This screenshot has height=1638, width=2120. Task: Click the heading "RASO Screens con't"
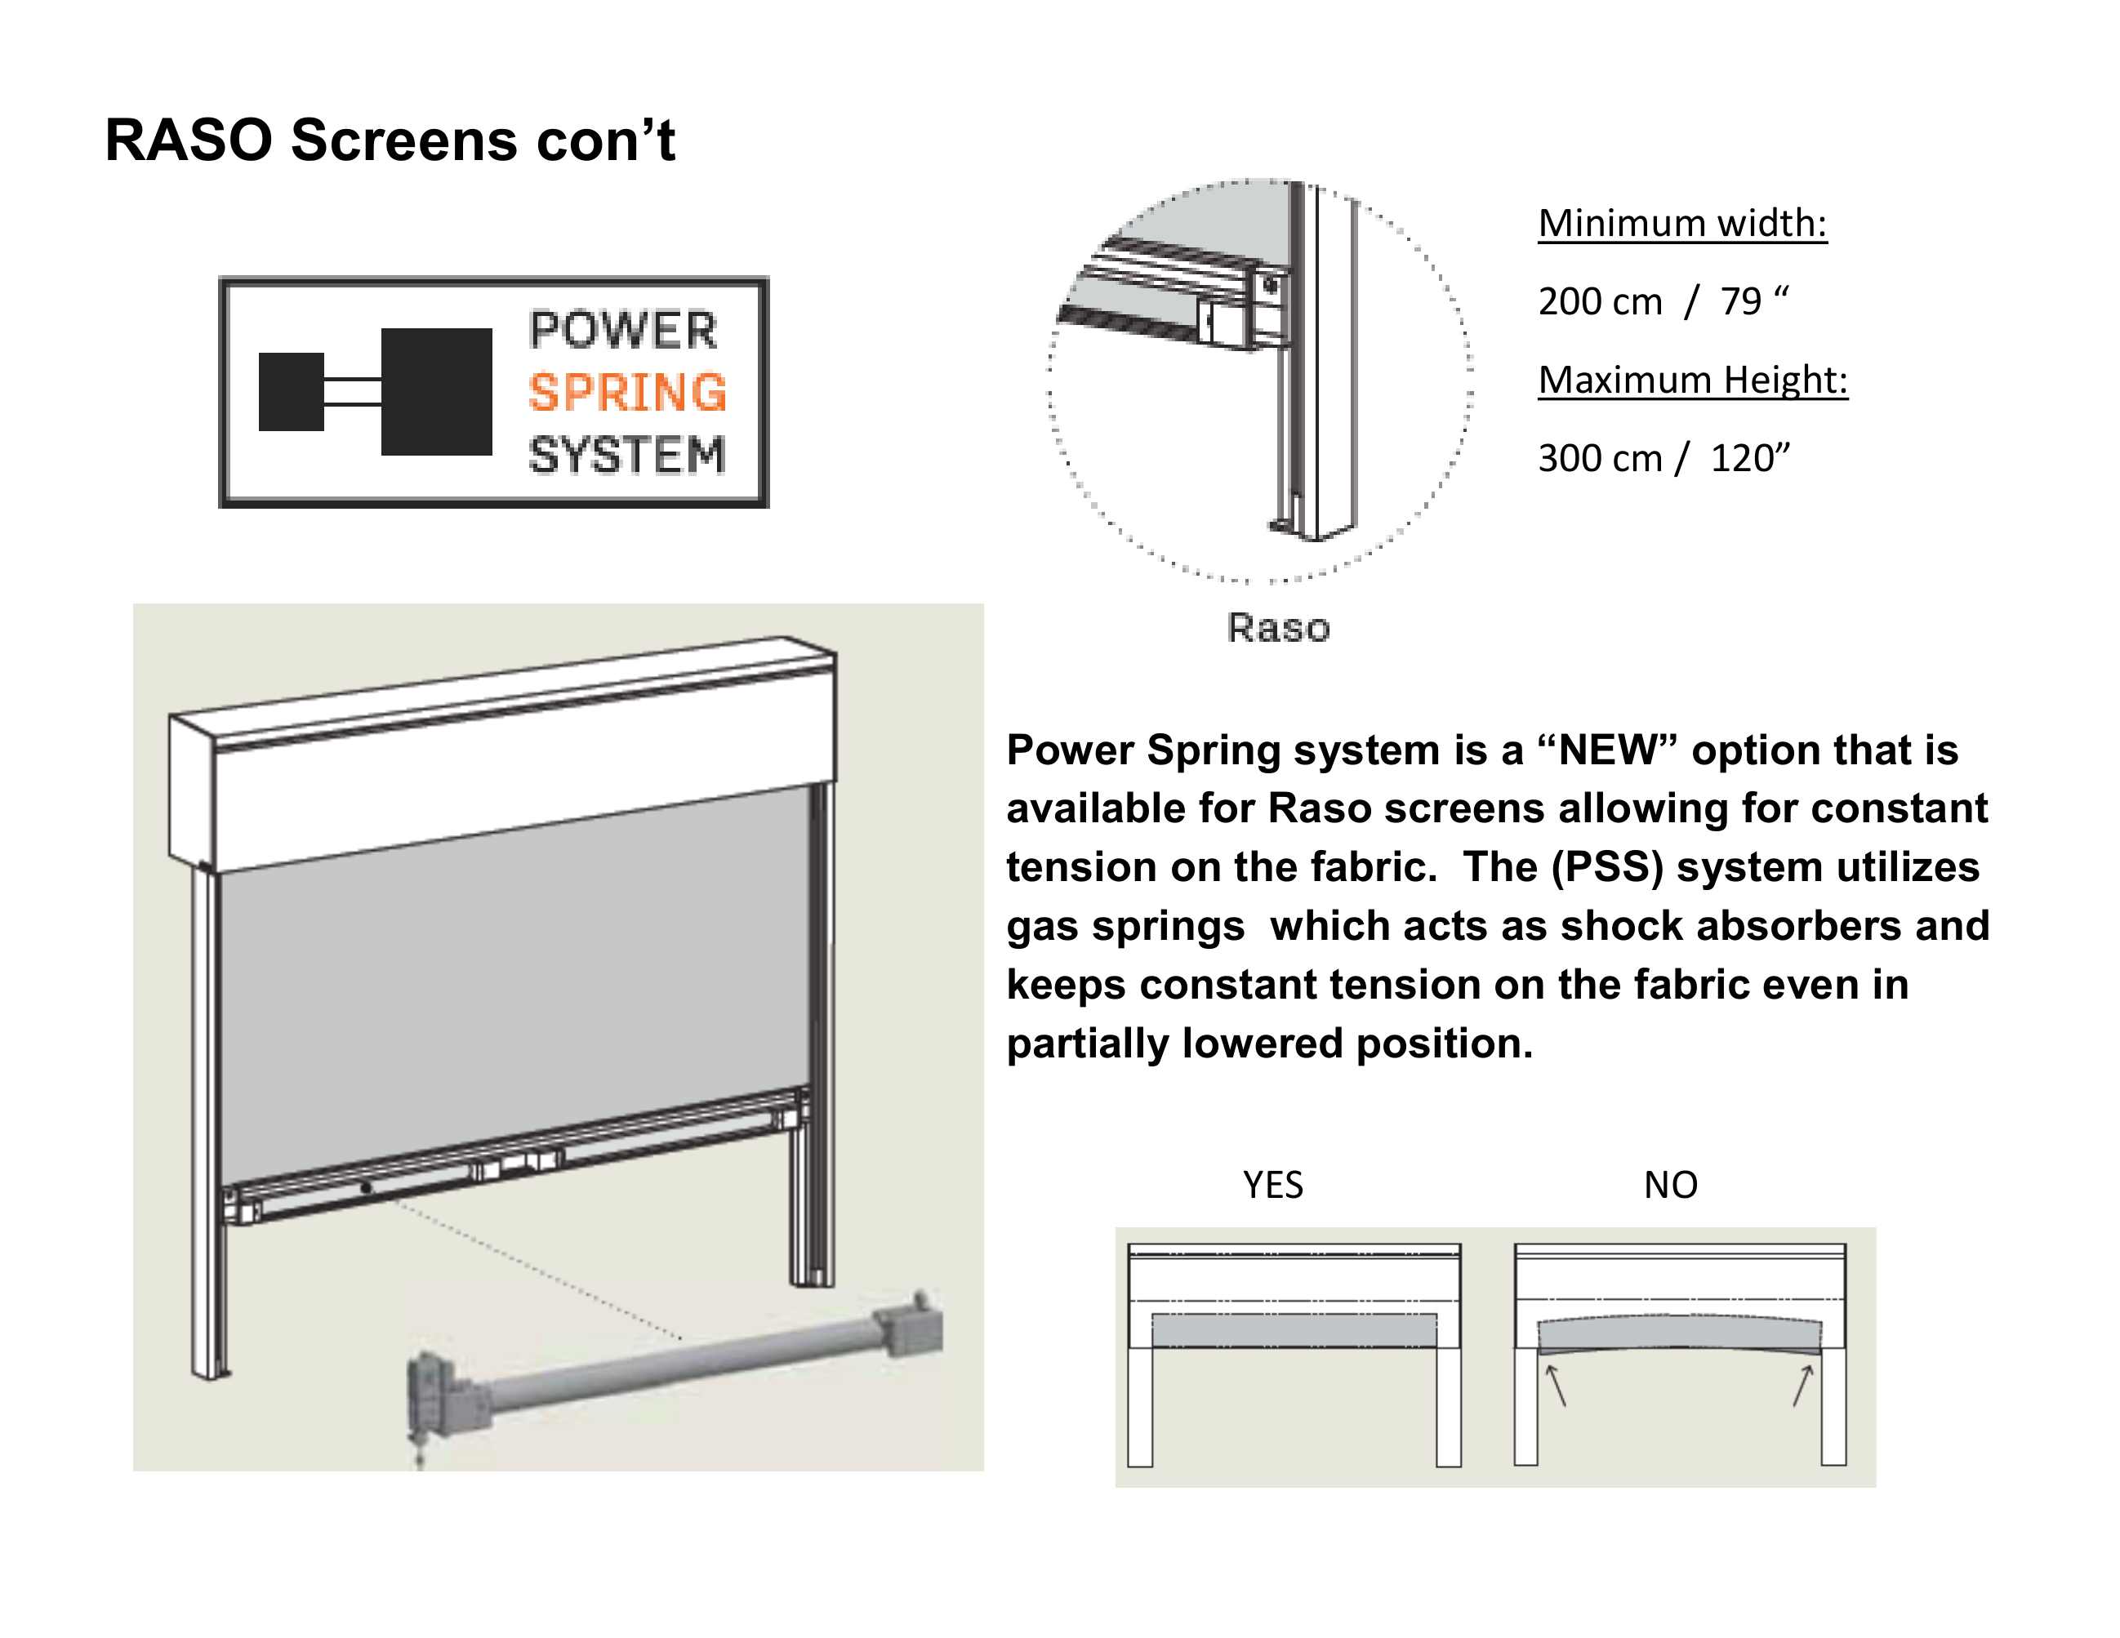click(390, 140)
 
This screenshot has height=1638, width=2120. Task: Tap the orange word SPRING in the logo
click(627, 393)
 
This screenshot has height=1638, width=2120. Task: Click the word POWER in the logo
click(623, 330)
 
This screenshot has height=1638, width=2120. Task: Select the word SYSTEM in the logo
click(627, 455)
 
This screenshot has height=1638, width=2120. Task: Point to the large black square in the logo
click(436, 392)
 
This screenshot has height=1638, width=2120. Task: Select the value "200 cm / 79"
click(1662, 302)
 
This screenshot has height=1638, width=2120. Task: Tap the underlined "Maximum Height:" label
click(1693, 380)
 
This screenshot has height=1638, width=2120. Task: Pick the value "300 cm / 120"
click(1663, 458)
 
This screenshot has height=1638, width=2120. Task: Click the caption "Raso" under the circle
click(1277, 628)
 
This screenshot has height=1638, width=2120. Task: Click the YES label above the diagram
click(1272, 1185)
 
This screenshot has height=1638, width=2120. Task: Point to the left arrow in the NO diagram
click(1556, 1385)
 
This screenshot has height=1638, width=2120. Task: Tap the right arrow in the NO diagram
click(1802, 1385)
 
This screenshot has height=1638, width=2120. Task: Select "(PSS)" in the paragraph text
click(1606, 867)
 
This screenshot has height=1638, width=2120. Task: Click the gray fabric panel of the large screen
click(514, 970)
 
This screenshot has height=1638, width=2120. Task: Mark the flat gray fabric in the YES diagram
click(1294, 1330)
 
